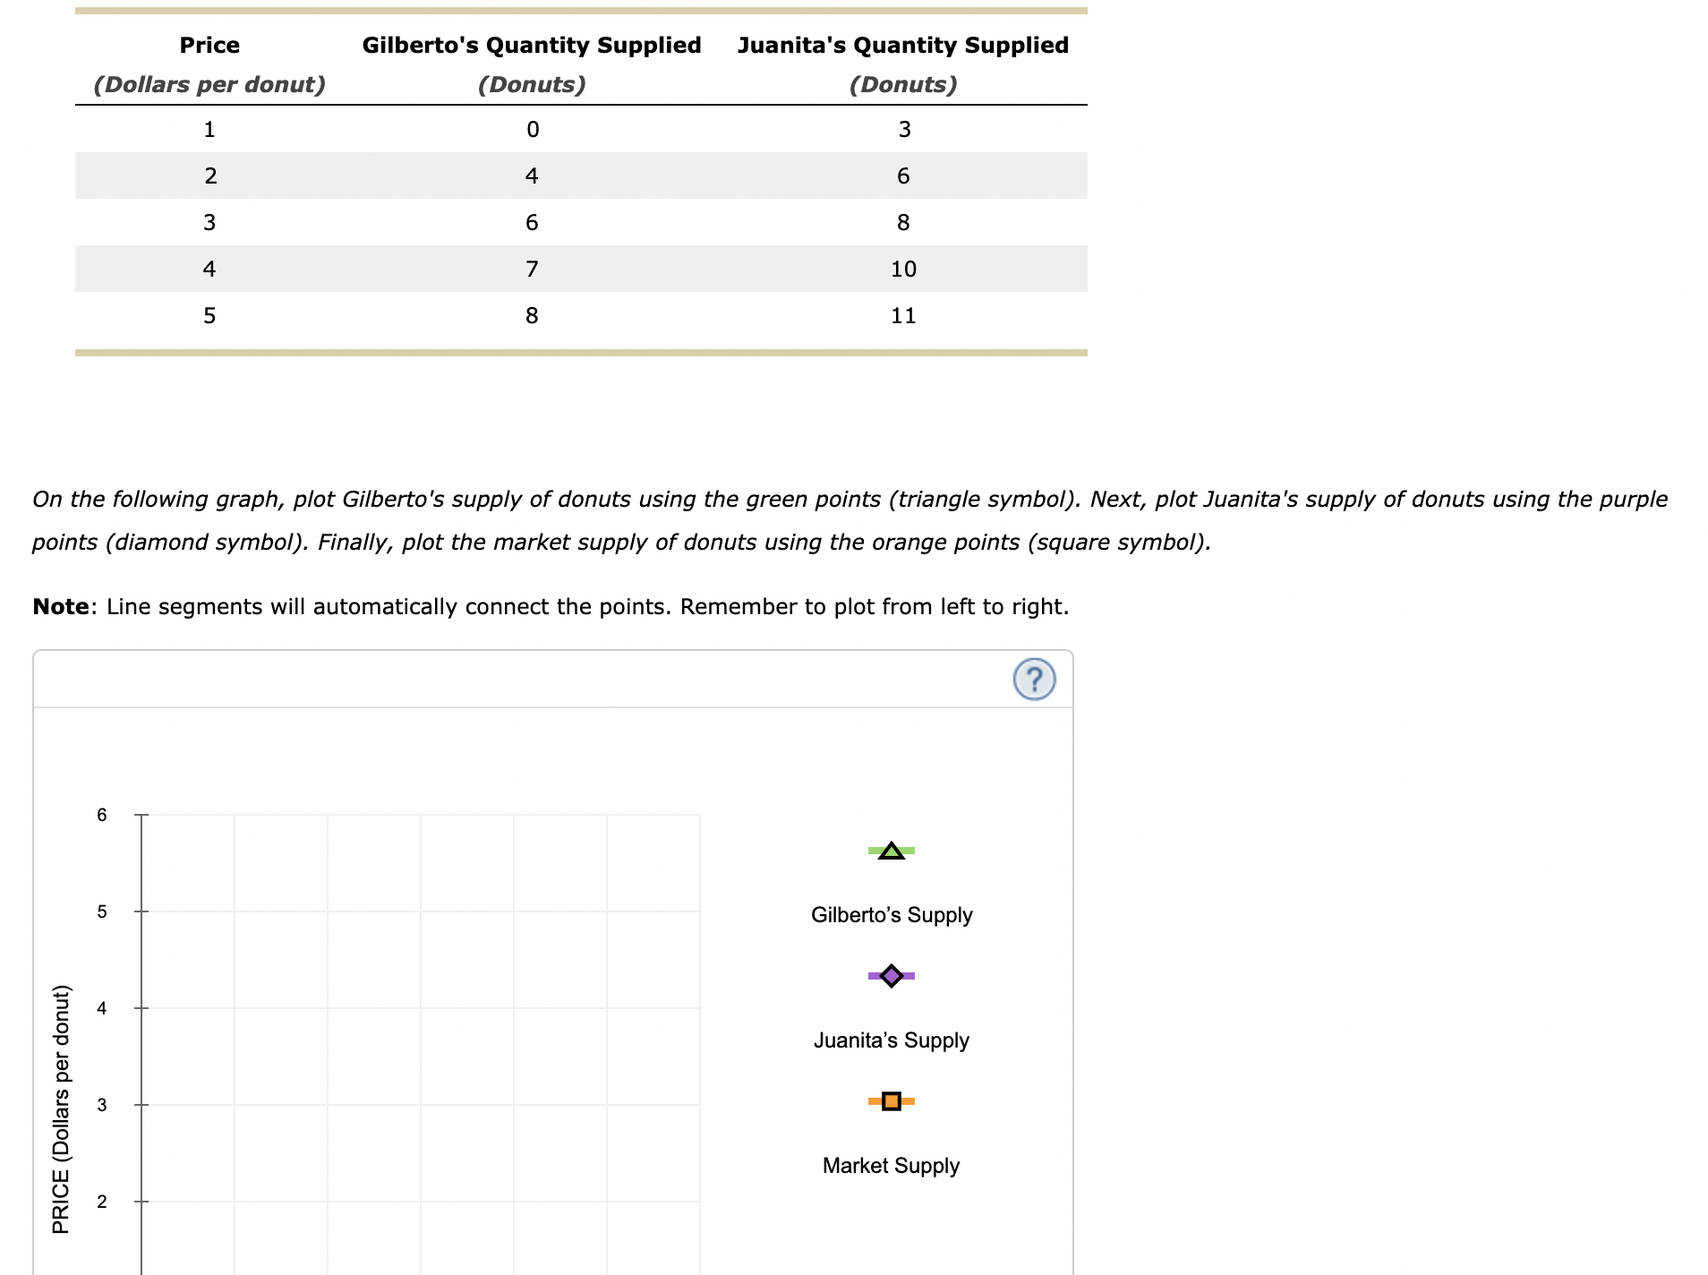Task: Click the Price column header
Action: pos(209,46)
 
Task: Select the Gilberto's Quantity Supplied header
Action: pos(531,46)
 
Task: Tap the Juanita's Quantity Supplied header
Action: pos(902,46)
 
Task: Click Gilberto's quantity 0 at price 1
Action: pos(533,130)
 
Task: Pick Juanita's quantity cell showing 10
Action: pos(903,270)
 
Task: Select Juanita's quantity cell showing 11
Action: pos(903,316)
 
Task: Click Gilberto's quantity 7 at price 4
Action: pos(532,270)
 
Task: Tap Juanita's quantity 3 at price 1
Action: pos(904,130)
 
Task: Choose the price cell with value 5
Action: pos(209,316)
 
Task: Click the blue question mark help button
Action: pos(1034,680)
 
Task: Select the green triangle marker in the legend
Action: pos(891,851)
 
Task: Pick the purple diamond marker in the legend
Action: pos(891,975)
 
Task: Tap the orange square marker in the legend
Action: pos(891,1100)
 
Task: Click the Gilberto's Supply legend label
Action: pos(892,915)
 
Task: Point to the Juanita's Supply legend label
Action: pos(891,1040)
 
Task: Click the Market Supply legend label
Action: pos(891,1166)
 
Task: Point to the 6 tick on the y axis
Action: pos(102,815)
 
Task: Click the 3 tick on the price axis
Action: pos(102,1105)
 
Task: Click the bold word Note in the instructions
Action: pos(61,607)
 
